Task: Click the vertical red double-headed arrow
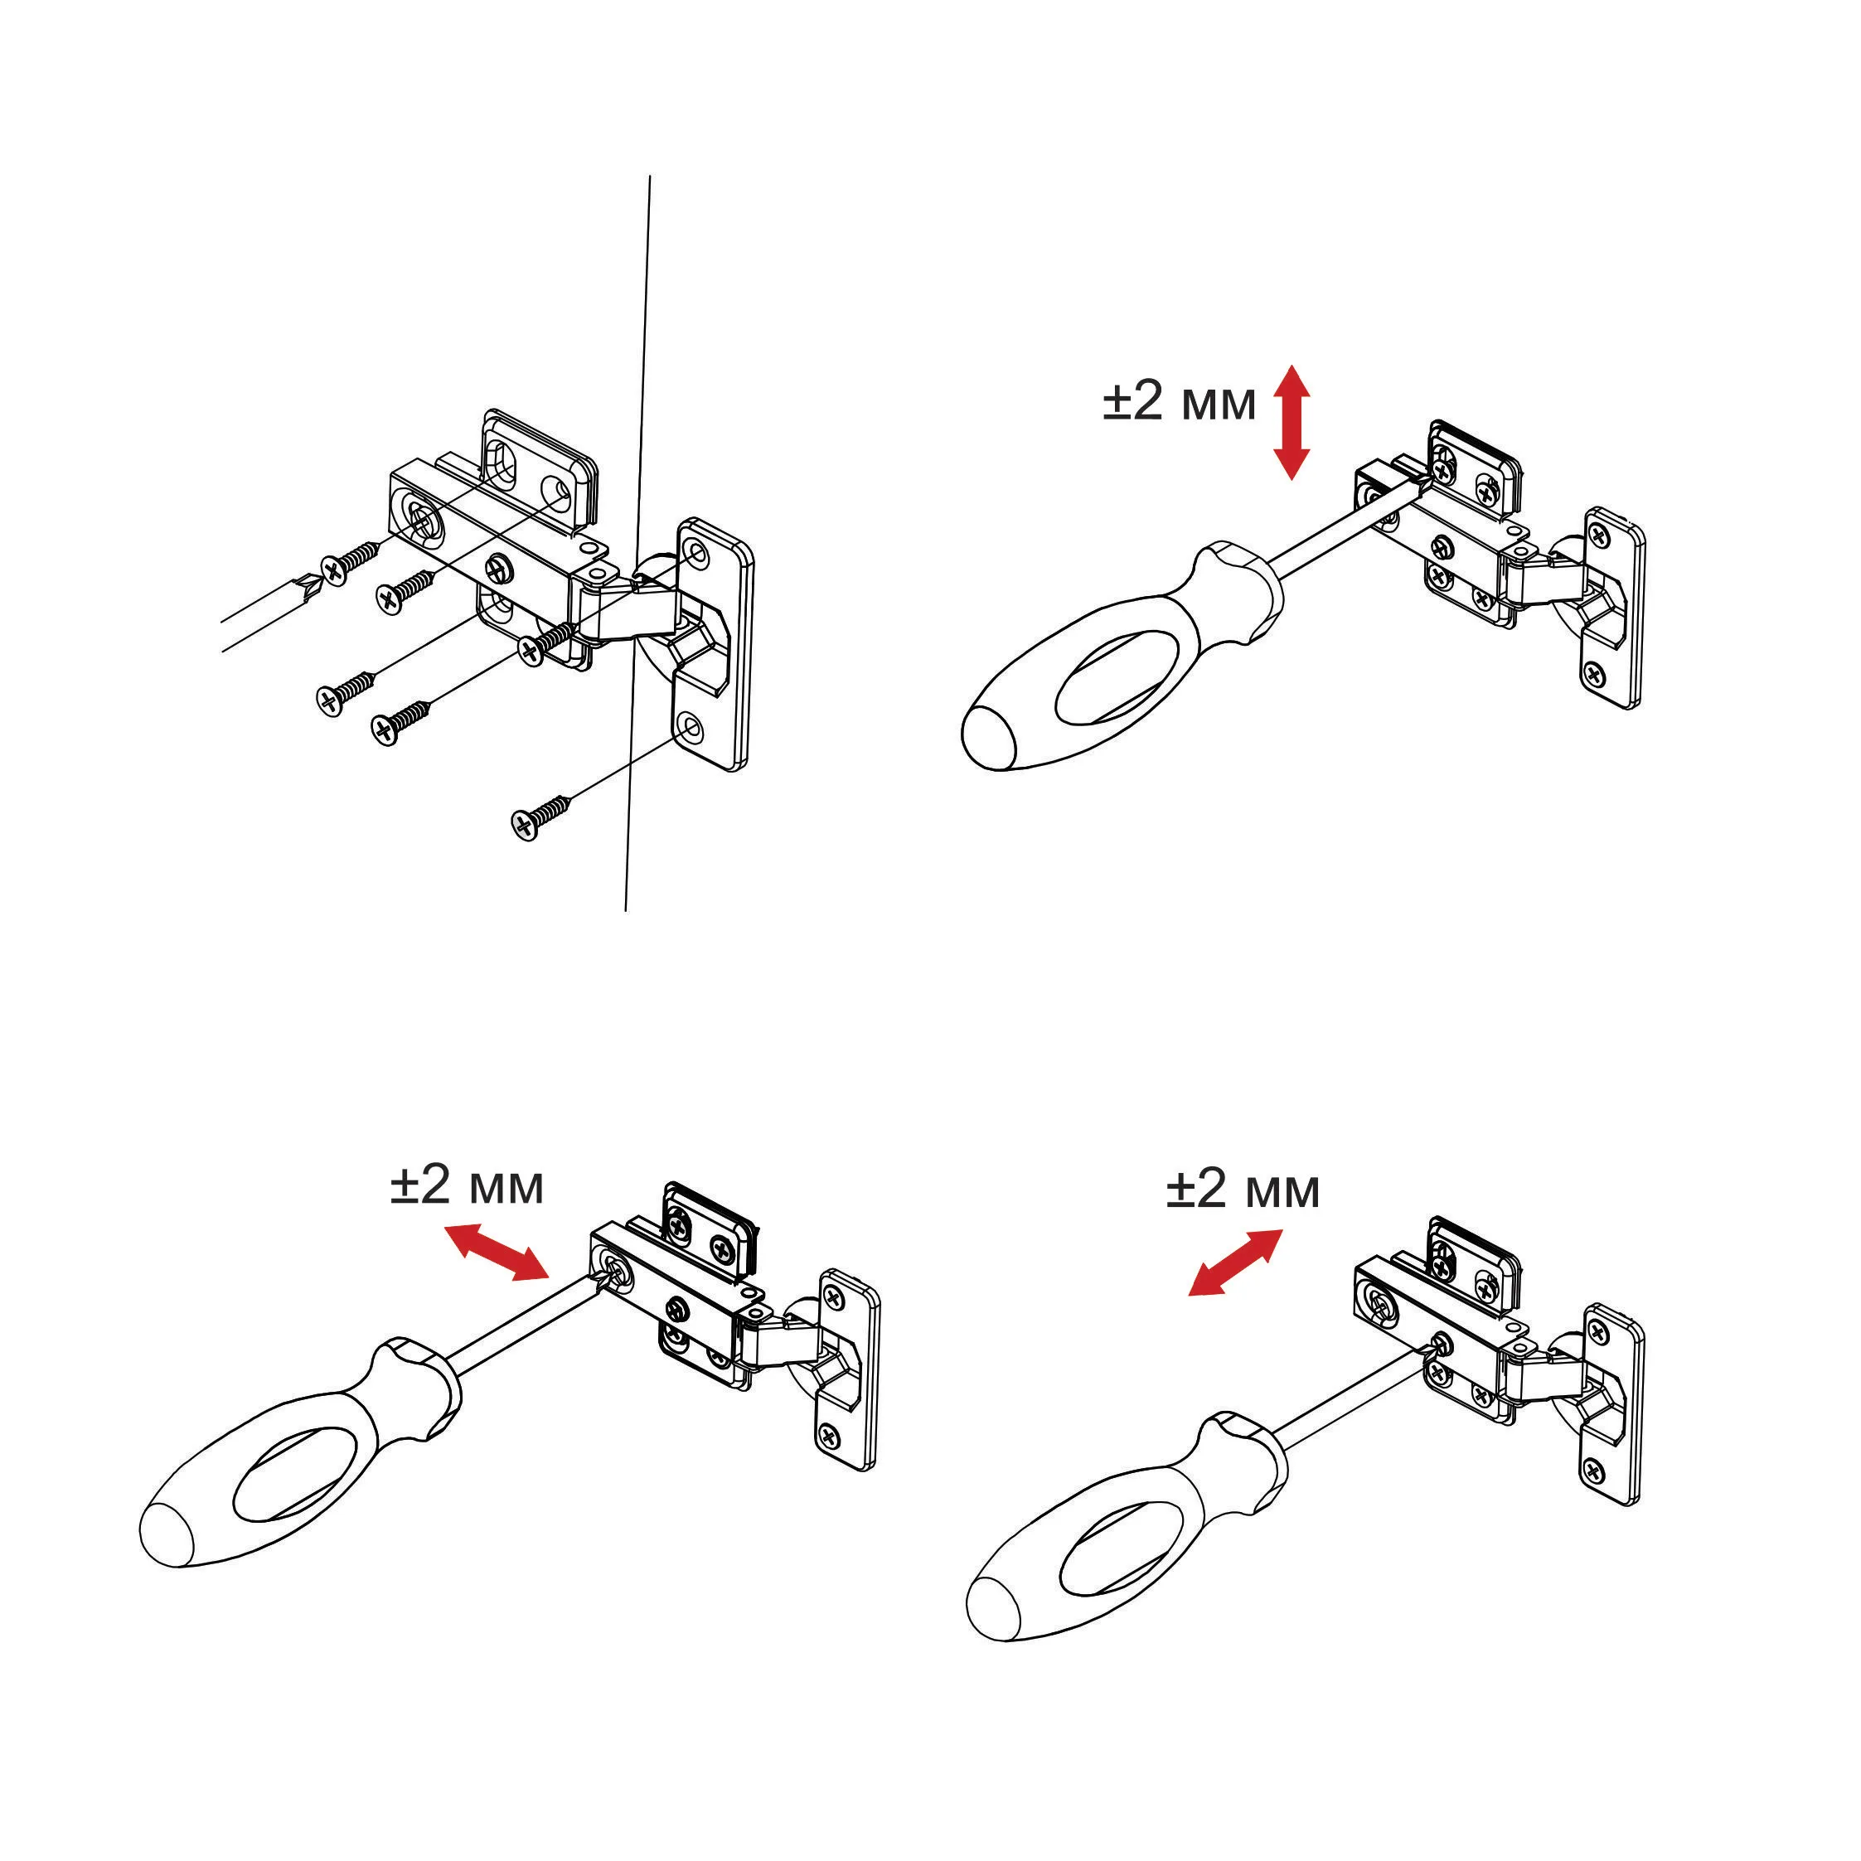coord(1291,422)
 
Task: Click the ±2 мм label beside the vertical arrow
coord(1179,403)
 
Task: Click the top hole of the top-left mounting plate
coord(696,552)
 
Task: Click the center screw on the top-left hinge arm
coord(502,569)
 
